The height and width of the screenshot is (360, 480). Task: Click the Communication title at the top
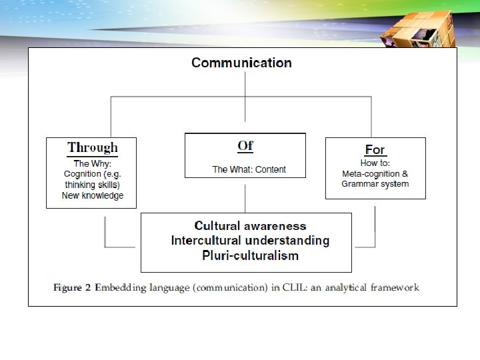tap(241, 63)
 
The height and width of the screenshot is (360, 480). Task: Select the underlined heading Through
tap(92, 147)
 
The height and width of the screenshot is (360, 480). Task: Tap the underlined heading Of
tap(245, 145)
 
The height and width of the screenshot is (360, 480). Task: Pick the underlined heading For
tap(375, 149)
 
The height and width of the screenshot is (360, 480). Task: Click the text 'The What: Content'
tap(249, 169)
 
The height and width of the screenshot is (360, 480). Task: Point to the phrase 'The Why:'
tap(92, 163)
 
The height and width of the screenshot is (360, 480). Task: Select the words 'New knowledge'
tap(92, 195)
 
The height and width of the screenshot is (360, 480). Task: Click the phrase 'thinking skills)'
tap(92, 185)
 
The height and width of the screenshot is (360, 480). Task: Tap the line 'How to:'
tap(375, 163)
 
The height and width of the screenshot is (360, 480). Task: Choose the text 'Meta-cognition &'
tap(375, 173)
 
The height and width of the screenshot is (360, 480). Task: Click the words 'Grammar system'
tap(375, 183)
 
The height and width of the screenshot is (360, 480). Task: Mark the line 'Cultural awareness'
tap(250, 226)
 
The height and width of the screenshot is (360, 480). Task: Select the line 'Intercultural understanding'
tap(250, 240)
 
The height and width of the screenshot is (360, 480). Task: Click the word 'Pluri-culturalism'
tap(250, 255)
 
